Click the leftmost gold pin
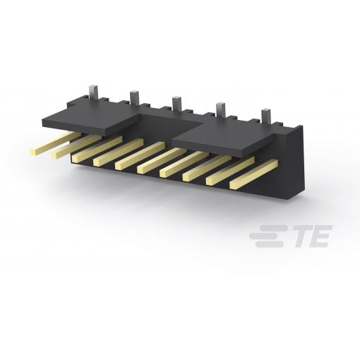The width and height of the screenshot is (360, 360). [55, 142]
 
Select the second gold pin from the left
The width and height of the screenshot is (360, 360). [76, 146]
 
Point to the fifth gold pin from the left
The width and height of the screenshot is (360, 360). [140, 155]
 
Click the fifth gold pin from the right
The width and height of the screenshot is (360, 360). [162, 160]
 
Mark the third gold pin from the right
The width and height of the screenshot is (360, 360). [207, 168]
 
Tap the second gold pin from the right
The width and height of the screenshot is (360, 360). [230, 172]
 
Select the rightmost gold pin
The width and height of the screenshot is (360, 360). [254, 174]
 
